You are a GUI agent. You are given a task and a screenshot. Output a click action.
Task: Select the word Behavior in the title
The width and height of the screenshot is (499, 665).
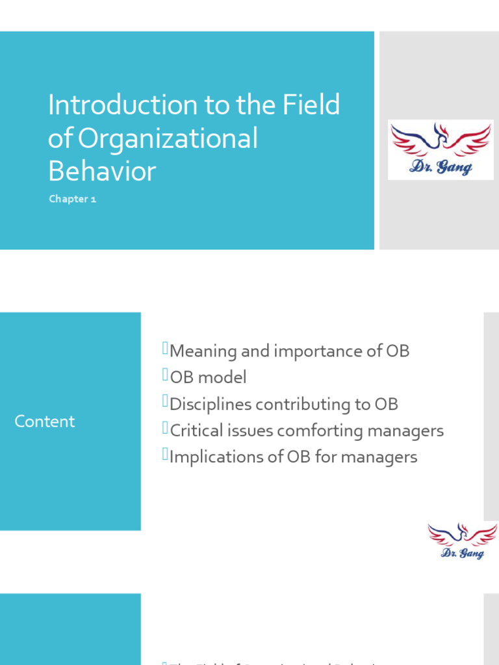[x=102, y=171]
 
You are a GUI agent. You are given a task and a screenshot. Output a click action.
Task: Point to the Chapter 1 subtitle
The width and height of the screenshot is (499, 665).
[x=72, y=199]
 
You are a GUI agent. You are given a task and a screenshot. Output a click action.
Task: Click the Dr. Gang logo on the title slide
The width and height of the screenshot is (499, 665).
[x=441, y=149]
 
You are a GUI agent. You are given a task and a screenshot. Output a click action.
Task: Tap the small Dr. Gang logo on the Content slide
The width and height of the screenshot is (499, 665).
[x=462, y=541]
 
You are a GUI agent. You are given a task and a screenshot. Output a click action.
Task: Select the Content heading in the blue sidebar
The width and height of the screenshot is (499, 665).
[x=44, y=421]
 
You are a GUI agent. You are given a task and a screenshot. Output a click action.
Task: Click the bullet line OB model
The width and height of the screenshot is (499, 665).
[x=208, y=377]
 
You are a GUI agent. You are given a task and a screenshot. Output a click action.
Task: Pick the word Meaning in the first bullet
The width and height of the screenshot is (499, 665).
[x=203, y=351]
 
